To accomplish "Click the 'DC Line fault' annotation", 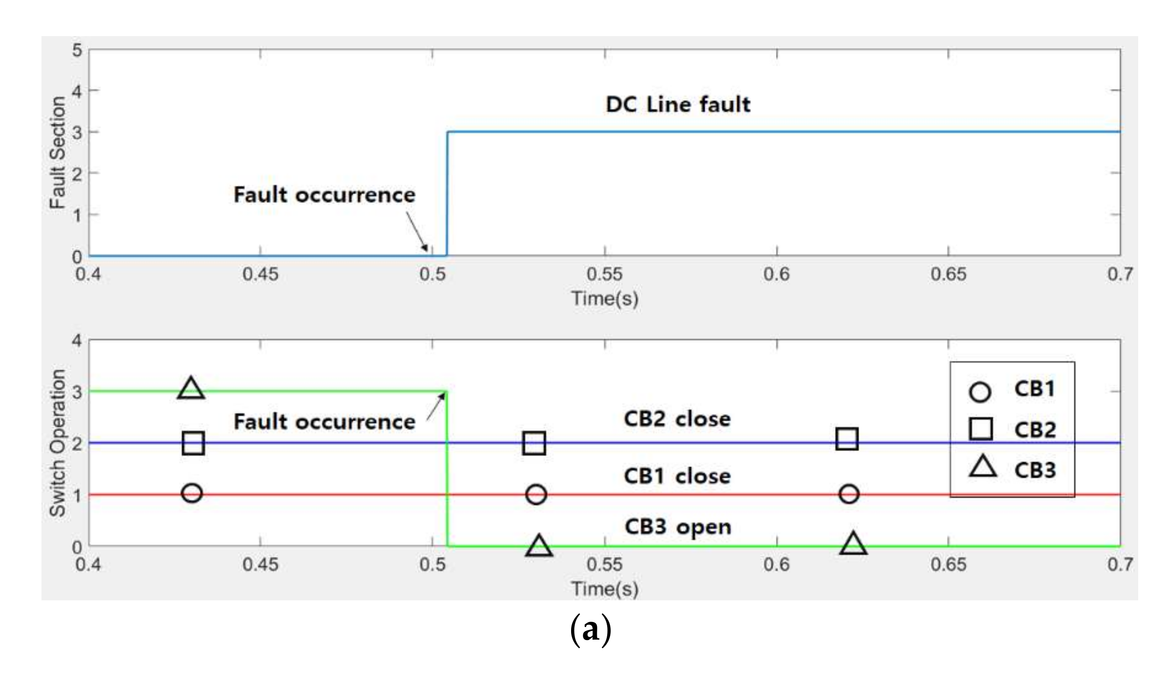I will click(678, 104).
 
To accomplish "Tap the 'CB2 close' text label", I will click(677, 419).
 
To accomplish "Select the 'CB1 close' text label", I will click(677, 476).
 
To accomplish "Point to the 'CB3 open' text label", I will click(678, 526).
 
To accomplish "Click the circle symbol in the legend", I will click(980, 392).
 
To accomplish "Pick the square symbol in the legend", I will click(980, 429).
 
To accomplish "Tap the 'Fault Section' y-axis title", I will click(58, 153).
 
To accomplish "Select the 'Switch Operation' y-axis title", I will click(58, 443).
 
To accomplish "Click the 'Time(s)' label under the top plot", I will click(604, 299).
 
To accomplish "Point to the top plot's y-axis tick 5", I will click(77, 50).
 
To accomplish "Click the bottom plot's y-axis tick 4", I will click(77, 341).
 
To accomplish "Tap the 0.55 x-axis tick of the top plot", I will click(604, 274).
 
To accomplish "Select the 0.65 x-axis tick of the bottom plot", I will click(948, 565).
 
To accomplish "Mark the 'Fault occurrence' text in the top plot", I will click(324, 194).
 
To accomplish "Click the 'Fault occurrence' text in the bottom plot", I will click(324, 422).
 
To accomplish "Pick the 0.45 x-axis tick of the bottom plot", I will click(261, 565).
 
